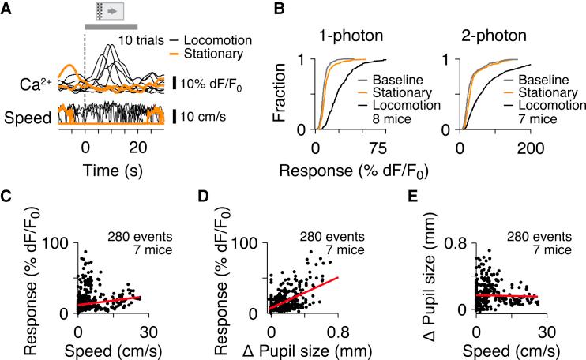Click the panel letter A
[x=8, y=9]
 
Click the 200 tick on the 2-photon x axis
[x=530, y=149]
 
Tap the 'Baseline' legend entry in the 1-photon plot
[x=381, y=80]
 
